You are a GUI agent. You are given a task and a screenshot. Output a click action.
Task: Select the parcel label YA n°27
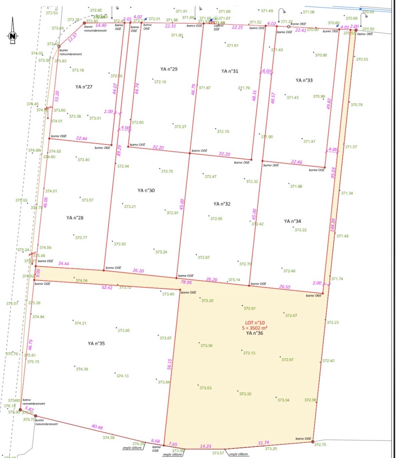point(84,87)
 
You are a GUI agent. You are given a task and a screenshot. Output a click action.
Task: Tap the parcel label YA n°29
point(169,69)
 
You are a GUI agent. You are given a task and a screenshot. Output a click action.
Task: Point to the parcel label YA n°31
point(230,71)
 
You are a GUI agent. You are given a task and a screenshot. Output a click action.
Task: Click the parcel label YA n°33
point(304,80)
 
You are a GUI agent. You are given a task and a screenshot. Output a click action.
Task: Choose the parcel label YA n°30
point(146,191)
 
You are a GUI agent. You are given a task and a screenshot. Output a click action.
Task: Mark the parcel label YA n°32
point(222,204)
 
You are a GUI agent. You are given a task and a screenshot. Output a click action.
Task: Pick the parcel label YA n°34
point(292,221)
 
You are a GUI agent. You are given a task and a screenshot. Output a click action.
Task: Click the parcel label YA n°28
point(75,218)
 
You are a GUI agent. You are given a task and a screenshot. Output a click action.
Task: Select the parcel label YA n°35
point(96,343)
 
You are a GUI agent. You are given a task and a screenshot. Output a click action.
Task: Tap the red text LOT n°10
point(255,323)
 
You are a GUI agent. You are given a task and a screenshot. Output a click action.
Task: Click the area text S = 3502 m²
point(254,328)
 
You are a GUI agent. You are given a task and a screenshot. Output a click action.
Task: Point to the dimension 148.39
point(333,225)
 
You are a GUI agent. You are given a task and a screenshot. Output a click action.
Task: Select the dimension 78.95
point(186,282)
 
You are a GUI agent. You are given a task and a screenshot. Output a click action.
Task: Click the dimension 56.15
point(169,364)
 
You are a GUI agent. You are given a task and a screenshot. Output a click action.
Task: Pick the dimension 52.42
point(107,288)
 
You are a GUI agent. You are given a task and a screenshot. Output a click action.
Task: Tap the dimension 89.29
point(119,151)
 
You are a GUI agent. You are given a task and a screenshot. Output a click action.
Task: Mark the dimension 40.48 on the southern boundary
point(97,427)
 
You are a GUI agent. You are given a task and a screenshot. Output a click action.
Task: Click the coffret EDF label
point(218,28)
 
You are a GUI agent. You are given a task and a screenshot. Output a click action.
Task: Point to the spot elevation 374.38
point(82,369)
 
